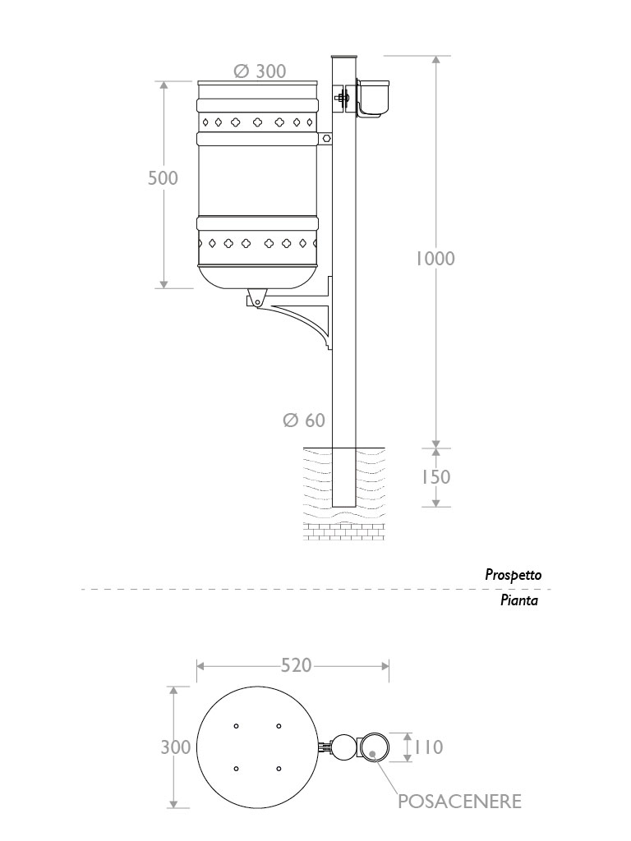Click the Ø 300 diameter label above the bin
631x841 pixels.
pos(260,71)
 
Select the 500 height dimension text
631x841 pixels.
pos(163,177)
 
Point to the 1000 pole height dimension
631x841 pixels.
pos(435,258)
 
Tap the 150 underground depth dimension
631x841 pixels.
pos(435,476)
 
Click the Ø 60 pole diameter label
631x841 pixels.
pos(304,420)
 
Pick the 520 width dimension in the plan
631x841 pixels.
pos(296,664)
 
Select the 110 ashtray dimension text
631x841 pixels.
pos(427,747)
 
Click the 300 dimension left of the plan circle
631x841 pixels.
pos(177,747)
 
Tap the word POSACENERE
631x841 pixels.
pos(459,802)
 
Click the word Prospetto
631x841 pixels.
pos(513,575)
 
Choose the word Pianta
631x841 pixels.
pos(519,600)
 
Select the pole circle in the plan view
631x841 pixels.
pos(343,747)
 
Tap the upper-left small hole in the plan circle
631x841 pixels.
pos(236,726)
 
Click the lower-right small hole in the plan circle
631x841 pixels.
pos(279,769)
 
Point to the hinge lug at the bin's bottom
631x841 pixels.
pos(258,296)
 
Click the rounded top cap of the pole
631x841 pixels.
pos(343,57)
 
